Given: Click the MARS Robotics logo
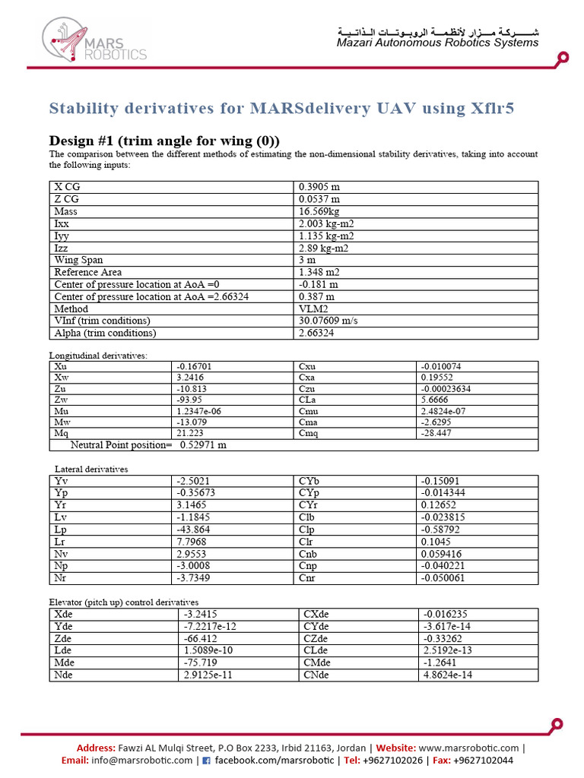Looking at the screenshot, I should point(94,40).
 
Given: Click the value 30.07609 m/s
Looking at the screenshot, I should point(328,321).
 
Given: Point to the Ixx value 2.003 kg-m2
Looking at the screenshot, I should point(327,223).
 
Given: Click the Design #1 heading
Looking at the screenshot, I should point(164,141).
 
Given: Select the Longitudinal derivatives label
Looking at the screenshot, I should point(98,355).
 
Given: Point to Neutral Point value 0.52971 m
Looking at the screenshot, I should point(203,445).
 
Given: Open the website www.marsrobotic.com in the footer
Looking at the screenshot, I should point(468,748).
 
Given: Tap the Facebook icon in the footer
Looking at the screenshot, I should point(206,761).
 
